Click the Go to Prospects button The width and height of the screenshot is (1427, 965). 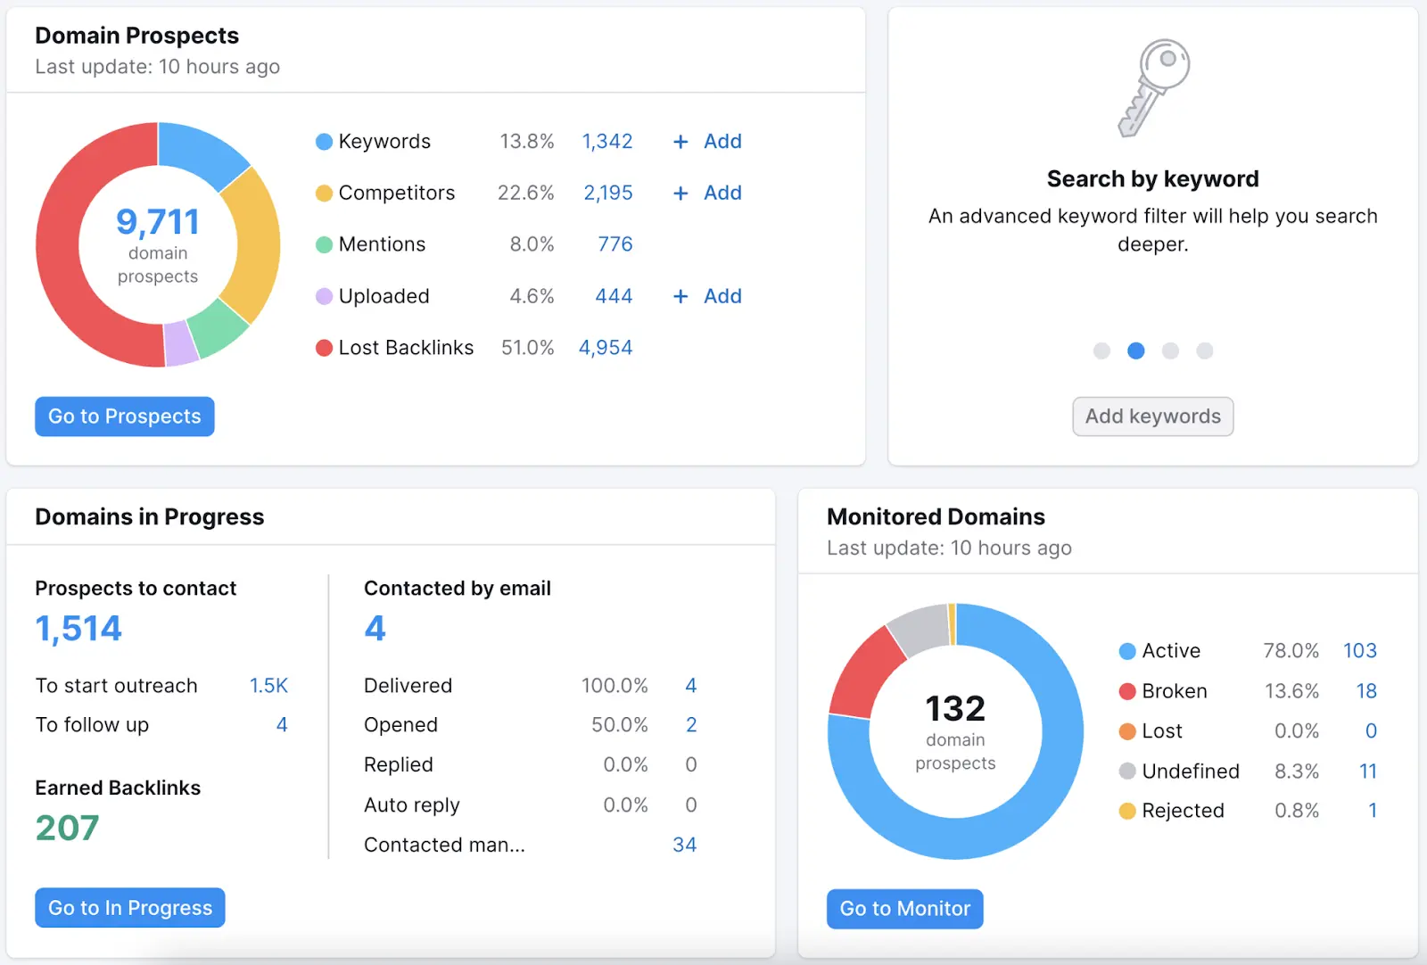point(124,417)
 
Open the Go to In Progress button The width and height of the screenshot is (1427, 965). point(129,908)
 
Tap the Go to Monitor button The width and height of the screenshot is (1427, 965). point(904,909)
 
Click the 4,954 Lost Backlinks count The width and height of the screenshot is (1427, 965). point(606,348)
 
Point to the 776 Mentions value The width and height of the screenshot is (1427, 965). point(615,244)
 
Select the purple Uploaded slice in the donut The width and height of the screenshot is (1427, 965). point(181,343)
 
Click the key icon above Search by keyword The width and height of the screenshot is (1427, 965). point(1153,87)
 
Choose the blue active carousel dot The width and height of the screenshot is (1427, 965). point(1135,351)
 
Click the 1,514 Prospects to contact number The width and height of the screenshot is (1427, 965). point(78,629)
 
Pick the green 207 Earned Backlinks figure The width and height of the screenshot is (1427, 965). point(67,828)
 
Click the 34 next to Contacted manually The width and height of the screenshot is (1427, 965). point(684,845)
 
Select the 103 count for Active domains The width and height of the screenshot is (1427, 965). point(1359,651)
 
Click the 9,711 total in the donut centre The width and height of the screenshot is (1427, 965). point(158,222)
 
